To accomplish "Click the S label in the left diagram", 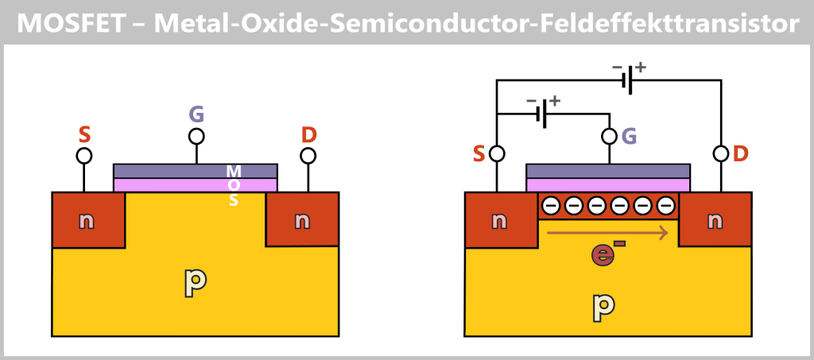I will click(84, 134).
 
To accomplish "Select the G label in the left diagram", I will click(196, 114).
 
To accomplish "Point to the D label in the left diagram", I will click(308, 134).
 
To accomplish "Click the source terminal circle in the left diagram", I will click(84, 155).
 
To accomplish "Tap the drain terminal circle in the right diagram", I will click(721, 153).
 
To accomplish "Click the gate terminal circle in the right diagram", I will click(610, 136).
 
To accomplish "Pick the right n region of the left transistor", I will click(302, 220).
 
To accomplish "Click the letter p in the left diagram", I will click(196, 281).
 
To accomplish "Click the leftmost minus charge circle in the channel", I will click(550, 207).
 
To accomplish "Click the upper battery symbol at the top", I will click(630, 80).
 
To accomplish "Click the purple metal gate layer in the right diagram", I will click(608, 171).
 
